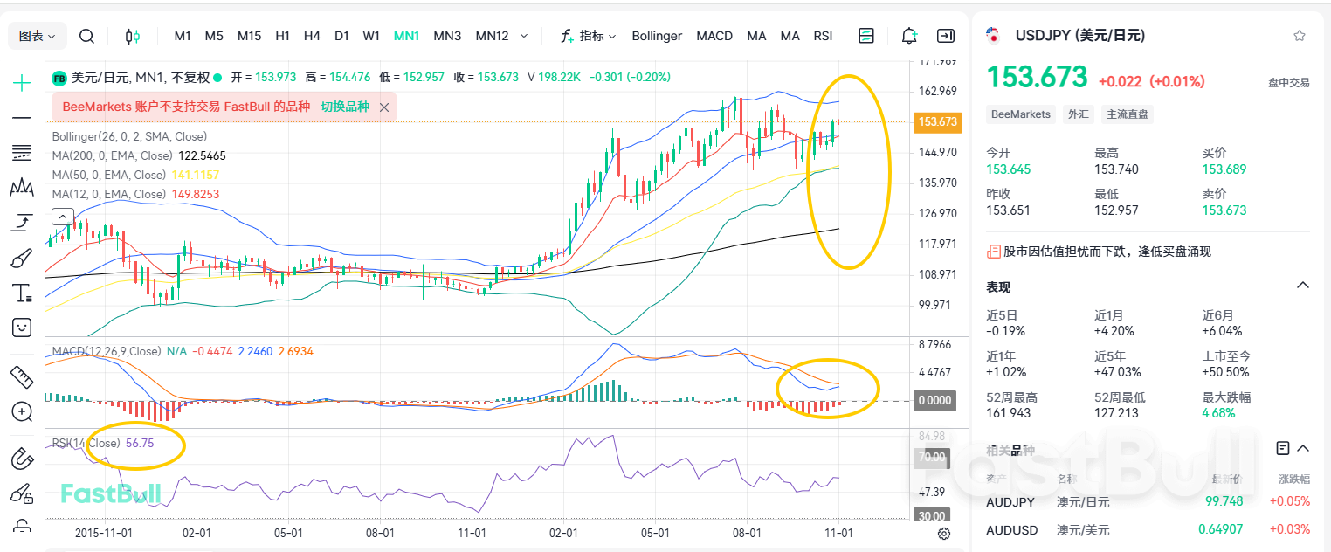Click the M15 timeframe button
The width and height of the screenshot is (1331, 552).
coord(249,36)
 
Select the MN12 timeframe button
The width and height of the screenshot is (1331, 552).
coord(492,36)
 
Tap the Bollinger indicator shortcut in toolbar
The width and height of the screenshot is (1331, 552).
coord(657,36)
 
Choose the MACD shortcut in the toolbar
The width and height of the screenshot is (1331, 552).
coord(714,36)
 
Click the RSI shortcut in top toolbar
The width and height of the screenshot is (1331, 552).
coord(823,36)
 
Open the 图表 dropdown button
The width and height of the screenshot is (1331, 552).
coord(38,36)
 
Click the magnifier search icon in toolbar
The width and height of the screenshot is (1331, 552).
coord(86,36)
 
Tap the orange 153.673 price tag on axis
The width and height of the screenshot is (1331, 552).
coord(936,122)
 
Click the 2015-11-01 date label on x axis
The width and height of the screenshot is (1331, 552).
coord(103,533)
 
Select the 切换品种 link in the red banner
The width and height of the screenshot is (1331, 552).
coord(345,107)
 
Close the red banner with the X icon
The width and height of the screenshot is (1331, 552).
coord(384,107)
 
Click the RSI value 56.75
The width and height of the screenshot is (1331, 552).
coord(140,443)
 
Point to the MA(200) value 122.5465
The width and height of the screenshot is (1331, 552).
coord(202,155)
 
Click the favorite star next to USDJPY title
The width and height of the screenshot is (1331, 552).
coord(1300,36)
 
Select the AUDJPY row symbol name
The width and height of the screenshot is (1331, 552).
coord(1010,502)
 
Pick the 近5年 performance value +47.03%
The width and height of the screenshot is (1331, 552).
coord(1118,372)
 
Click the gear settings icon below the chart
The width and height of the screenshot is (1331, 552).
coord(944,534)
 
